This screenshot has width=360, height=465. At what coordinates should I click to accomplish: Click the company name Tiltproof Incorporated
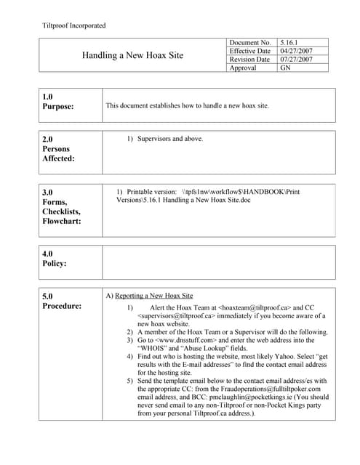pyautogui.click(x=75, y=25)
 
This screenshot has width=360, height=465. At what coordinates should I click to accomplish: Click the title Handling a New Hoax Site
pyautogui.click(x=132, y=55)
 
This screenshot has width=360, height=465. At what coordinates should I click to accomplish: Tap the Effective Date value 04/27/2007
pyautogui.click(x=297, y=52)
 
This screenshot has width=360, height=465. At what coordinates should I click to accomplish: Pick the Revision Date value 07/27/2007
pyautogui.click(x=297, y=60)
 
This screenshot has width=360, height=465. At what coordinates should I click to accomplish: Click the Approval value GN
pyautogui.click(x=285, y=68)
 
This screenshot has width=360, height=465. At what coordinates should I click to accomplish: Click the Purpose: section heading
pyautogui.click(x=58, y=108)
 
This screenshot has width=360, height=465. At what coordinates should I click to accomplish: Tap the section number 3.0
pyautogui.click(x=48, y=193)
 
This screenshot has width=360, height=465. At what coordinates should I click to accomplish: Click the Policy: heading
pyautogui.click(x=54, y=264)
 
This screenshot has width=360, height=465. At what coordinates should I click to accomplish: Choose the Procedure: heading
pyautogui.click(x=62, y=307)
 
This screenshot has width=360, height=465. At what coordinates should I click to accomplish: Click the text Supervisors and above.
pyautogui.click(x=170, y=138)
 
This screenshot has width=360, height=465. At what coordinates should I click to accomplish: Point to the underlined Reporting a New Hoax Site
pyautogui.click(x=154, y=296)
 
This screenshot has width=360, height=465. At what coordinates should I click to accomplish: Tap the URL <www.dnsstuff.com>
pyautogui.click(x=185, y=340)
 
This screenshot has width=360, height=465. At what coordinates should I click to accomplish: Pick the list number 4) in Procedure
pyautogui.click(x=129, y=356)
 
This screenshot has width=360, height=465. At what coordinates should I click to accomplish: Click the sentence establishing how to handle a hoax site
pyautogui.click(x=187, y=106)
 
